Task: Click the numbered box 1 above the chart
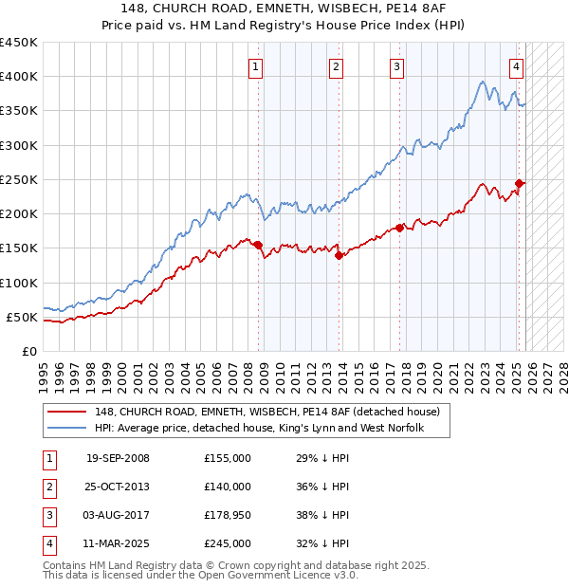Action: pyautogui.click(x=257, y=66)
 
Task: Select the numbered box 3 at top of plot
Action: pyautogui.click(x=395, y=66)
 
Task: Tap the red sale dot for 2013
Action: pyautogui.click(x=339, y=254)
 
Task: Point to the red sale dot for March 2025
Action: pyautogui.click(x=519, y=183)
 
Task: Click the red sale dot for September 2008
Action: pyautogui.click(x=258, y=245)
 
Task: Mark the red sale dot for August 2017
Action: pyautogui.click(x=399, y=228)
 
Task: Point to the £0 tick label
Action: pyautogui.click(x=29, y=351)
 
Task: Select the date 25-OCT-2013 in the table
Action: pyautogui.click(x=118, y=487)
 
